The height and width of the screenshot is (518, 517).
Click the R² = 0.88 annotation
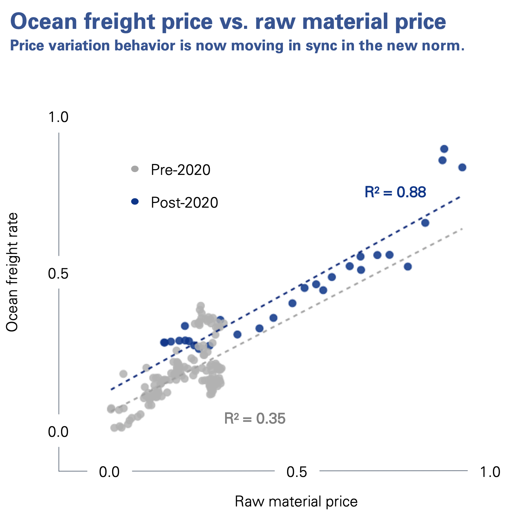coord(395,192)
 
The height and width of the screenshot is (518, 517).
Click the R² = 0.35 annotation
coord(255,419)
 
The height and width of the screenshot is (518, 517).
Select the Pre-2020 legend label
coord(180,170)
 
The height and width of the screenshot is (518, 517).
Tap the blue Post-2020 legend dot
coord(135,202)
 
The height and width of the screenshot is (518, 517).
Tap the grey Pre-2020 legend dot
coord(135,169)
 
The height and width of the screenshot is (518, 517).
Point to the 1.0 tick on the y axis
coord(58,117)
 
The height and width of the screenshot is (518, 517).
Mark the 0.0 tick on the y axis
coord(58,432)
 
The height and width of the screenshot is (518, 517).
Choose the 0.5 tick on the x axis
coord(297,472)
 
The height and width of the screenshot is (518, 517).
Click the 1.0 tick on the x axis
coord(490,472)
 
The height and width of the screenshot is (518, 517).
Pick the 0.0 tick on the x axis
coord(109,472)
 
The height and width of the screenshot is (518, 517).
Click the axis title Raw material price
coord(296,502)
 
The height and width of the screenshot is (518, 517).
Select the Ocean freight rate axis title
coord(12,272)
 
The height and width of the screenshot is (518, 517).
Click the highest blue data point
coord(444,149)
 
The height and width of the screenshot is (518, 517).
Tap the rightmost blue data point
coord(462,168)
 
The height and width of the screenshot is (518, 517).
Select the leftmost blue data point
coord(164,342)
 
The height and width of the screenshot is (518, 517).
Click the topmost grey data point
coord(201,305)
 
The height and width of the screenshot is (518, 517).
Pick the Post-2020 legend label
coord(184,203)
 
